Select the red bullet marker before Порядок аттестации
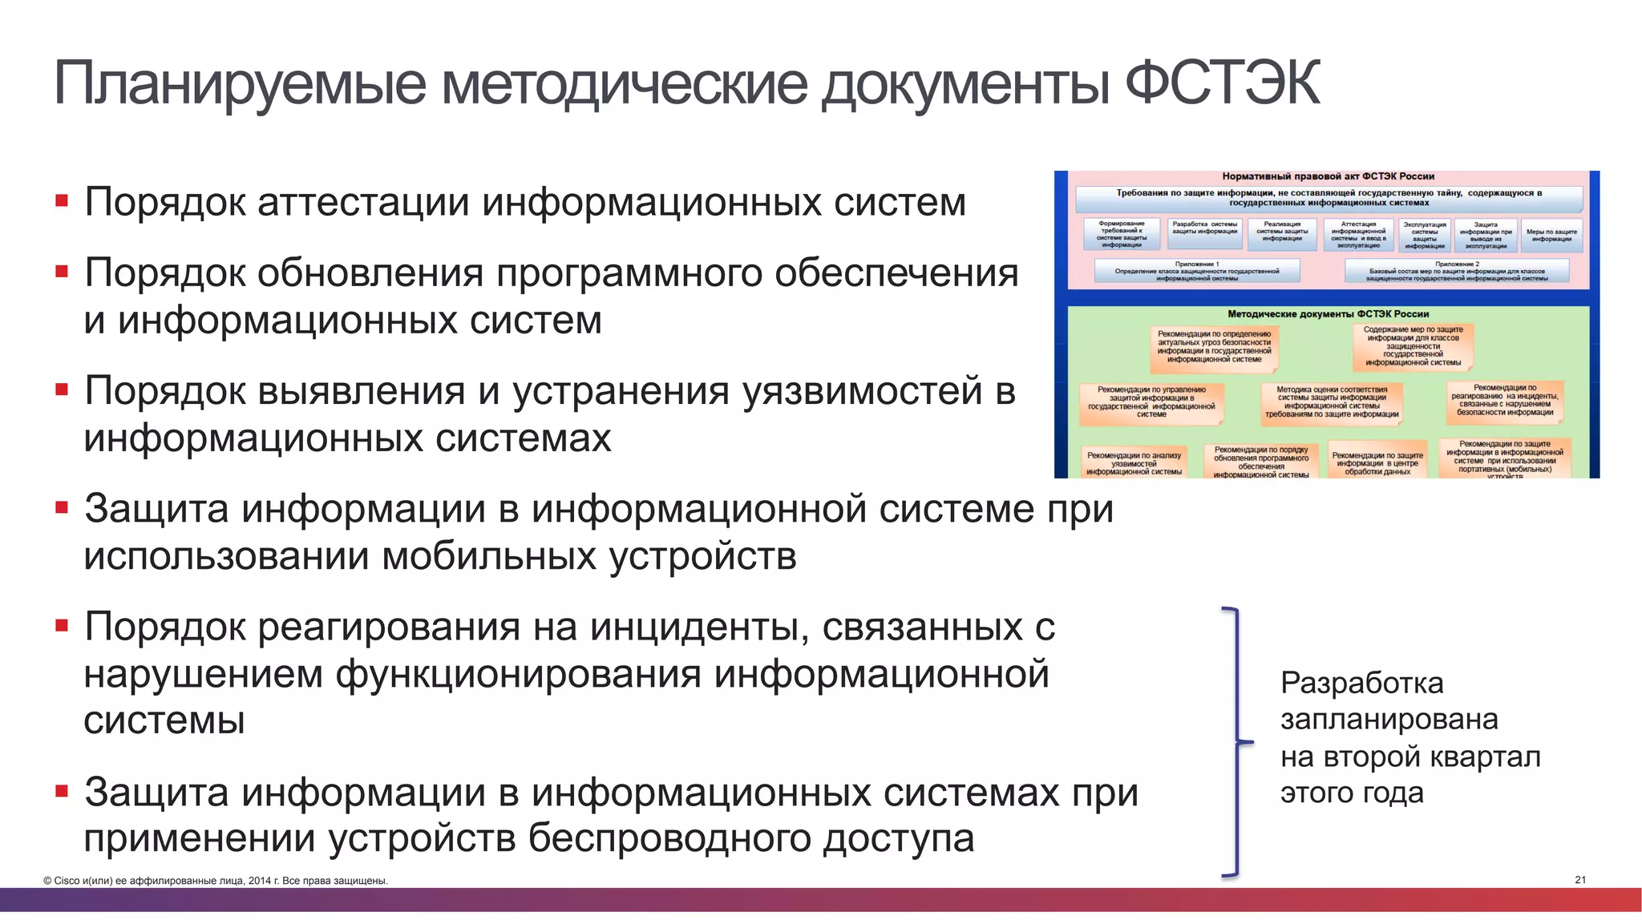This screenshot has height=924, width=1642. (x=62, y=200)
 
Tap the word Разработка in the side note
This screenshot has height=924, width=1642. (x=1361, y=684)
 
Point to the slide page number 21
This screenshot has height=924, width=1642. (x=1580, y=880)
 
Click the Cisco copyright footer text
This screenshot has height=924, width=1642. (x=216, y=881)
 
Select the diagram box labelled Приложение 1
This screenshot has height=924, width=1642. (x=1196, y=271)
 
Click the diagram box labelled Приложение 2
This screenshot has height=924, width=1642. (x=1456, y=271)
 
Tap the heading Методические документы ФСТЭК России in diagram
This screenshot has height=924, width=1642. (x=1328, y=314)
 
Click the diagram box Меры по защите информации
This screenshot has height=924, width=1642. (x=1551, y=235)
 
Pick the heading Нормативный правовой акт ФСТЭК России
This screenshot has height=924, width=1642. (x=1328, y=176)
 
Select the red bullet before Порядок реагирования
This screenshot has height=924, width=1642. (x=62, y=625)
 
